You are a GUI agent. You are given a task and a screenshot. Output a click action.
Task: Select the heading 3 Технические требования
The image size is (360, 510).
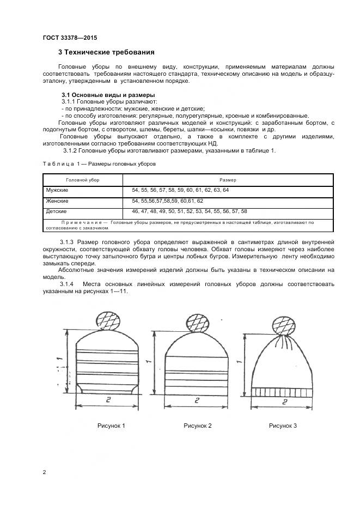106,53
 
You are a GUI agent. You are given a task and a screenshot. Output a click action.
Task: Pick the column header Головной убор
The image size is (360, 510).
83,179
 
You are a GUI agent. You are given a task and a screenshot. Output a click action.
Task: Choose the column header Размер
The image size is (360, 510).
228,179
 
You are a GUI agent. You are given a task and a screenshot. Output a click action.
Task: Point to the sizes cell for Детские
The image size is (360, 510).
189,211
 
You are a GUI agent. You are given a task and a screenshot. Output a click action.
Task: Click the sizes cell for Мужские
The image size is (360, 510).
180,190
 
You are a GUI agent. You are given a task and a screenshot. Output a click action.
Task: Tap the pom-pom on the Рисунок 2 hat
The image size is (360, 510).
198,323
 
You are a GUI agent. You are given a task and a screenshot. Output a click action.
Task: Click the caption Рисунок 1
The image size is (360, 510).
111,426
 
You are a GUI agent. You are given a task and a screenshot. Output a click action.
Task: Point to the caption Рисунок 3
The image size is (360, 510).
283,426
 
